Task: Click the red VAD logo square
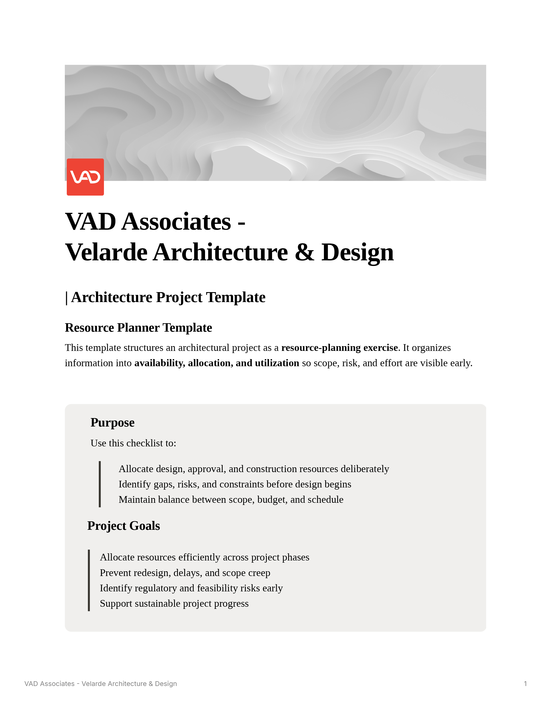85,177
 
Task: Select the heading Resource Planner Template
139,328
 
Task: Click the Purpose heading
112,422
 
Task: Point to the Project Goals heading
123,526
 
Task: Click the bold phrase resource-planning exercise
339,348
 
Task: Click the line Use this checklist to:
133,443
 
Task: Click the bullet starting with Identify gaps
235,484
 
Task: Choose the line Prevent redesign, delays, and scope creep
185,573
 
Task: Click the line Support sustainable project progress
174,603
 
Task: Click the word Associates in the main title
176,222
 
